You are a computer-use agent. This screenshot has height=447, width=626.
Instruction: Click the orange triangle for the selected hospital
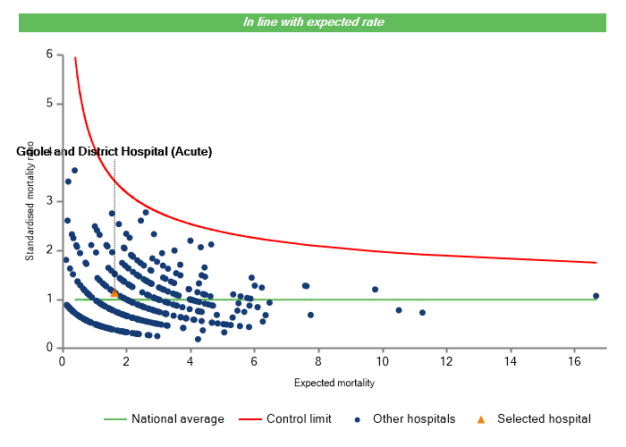(x=114, y=293)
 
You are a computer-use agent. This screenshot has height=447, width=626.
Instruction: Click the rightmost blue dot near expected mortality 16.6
(x=596, y=296)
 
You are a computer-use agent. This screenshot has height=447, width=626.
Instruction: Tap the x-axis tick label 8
(x=318, y=361)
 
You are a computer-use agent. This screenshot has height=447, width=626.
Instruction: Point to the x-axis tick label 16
(x=574, y=361)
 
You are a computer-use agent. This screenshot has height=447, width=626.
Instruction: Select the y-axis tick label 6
(x=49, y=55)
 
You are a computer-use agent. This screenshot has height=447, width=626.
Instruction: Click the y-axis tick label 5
(x=49, y=104)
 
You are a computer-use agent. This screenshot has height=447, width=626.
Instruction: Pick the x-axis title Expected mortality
(x=334, y=383)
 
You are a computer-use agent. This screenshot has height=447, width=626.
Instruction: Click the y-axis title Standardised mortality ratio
(x=30, y=201)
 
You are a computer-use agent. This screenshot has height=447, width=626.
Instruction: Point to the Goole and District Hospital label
(x=114, y=152)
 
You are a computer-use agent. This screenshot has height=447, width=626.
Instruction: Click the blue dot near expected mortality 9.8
(x=376, y=290)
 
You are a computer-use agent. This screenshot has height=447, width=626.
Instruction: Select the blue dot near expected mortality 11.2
(x=422, y=313)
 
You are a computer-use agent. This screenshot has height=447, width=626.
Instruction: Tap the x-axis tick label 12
(x=446, y=361)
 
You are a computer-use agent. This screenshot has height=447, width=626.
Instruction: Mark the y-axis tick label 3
(x=49, y=201)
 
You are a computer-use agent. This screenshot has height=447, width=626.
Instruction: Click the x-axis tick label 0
(x=62, y=361)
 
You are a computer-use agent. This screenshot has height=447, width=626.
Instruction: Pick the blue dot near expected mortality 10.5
(x=399, y=310)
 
